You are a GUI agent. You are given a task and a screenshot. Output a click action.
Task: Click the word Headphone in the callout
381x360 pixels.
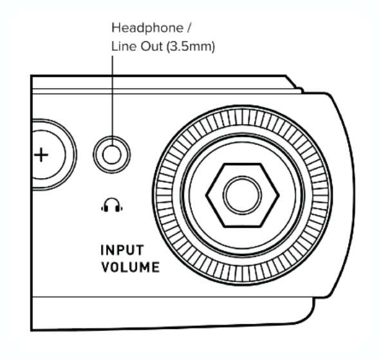(x=147, y=28)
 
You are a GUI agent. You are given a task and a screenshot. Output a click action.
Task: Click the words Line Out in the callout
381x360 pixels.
(x=137, y=46)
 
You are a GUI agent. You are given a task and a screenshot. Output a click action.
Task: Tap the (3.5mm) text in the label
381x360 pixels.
(x=190, y=46)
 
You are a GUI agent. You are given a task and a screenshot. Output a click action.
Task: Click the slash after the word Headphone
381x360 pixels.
(x=189, y=28)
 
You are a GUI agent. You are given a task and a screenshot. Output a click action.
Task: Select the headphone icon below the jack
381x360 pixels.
(x=112, y=205)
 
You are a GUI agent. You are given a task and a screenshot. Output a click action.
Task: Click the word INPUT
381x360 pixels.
(x=122, y=250)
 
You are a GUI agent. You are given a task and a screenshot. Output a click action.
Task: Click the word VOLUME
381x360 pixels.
(x=131, y=267)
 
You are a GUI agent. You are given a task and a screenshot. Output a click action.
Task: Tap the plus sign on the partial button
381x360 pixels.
(x=41, y=155)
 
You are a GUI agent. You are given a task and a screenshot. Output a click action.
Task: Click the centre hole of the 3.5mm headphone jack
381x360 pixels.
(x=112, y=155)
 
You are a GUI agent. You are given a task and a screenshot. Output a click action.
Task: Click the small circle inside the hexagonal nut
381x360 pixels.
(x=242, y=195)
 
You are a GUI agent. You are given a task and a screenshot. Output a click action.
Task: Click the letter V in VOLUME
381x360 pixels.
(x=106, y=267)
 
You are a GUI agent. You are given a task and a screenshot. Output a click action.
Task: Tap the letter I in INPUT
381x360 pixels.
(x=102, y=250)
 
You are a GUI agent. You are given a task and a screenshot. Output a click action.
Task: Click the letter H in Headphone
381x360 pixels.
(x=116, y=28)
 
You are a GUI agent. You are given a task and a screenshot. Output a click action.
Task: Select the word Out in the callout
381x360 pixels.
(x=152, y=46)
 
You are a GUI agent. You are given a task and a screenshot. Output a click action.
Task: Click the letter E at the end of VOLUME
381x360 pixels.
(x=156, y=267)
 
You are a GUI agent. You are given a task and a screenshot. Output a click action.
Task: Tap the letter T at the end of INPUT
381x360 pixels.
(x=140, y=250)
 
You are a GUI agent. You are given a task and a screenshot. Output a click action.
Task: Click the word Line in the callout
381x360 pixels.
(x=124, y=46)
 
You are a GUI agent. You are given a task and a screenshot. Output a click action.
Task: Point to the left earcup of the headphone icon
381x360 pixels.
(x=105, y=208)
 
